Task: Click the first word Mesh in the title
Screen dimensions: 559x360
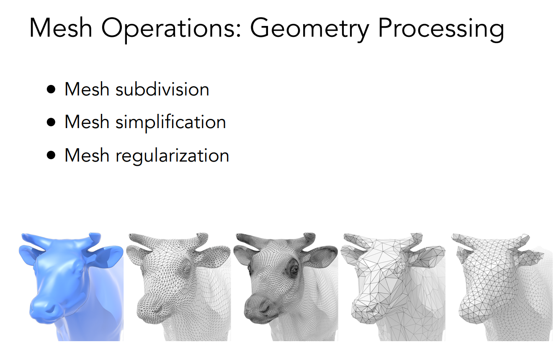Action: pos(61,28)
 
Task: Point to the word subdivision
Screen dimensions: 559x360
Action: pos(162,89)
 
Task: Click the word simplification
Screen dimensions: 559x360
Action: pos(171,122)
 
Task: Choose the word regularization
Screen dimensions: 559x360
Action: pos(172,155)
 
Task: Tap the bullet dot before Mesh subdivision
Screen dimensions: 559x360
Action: pos(51,90)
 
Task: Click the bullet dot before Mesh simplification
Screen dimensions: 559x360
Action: pos(51,123)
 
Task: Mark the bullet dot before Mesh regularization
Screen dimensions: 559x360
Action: pos(51,155)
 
